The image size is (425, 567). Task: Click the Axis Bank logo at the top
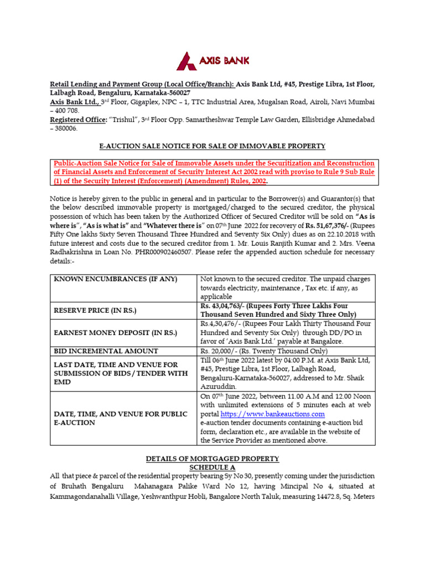point(212,60)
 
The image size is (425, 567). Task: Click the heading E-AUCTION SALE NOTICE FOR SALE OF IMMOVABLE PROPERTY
point(212,146)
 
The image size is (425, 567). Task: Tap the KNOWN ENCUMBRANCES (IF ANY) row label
point(115,279)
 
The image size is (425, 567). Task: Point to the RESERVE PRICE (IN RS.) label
point(96,311)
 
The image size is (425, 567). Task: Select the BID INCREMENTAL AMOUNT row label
point(106,351)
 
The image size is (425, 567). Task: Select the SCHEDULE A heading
point(212,467)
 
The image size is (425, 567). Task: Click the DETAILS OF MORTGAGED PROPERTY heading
point(212,459)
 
